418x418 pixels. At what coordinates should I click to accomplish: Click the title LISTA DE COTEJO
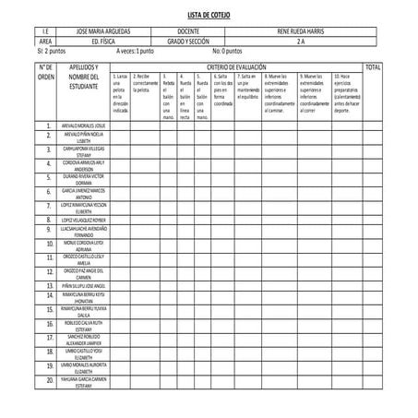[209, 16]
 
